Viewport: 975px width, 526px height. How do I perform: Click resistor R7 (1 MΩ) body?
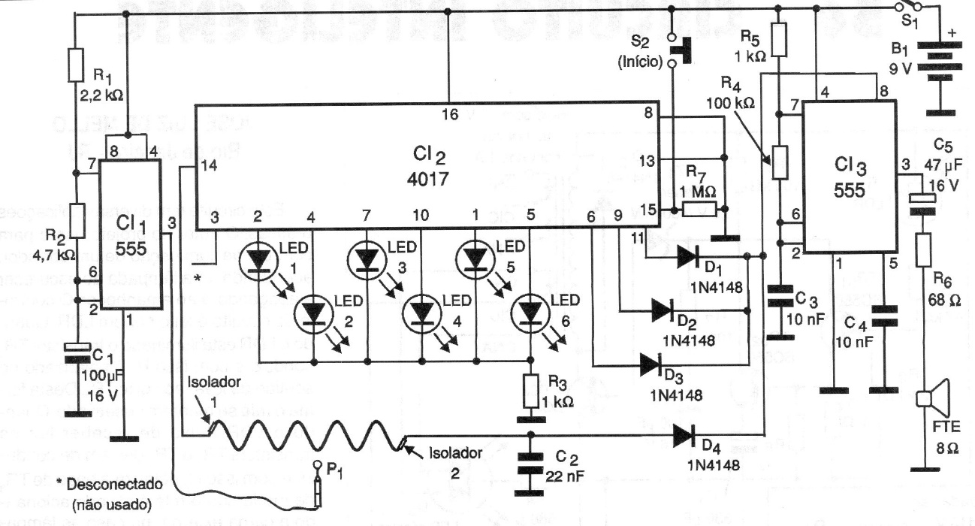[x=699, y=210]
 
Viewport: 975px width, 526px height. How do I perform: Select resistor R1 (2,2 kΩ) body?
[x=76, y=65]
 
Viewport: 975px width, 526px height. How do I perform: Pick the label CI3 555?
[x=851, y=174]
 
